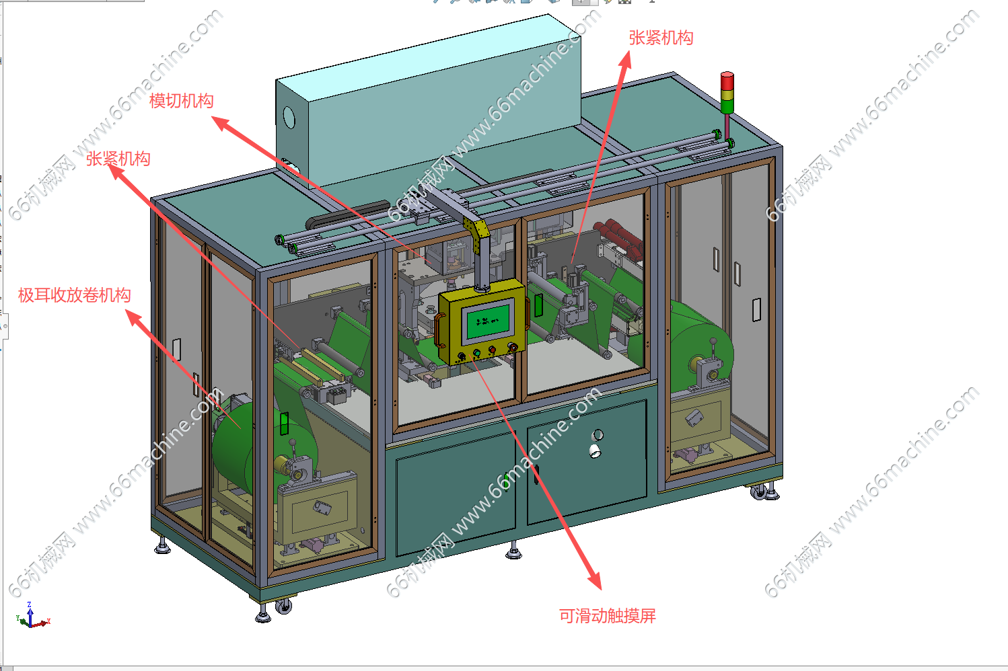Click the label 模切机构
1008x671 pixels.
182,101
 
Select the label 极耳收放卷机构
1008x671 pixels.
74,295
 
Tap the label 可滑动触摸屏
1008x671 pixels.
608,616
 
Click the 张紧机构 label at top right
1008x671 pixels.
661,38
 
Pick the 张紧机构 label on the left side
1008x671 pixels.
118,159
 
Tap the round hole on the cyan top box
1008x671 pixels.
289,118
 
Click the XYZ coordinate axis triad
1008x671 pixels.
32,615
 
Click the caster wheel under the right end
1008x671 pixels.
759,492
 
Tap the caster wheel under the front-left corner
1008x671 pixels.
283,606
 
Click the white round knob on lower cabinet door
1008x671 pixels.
595,450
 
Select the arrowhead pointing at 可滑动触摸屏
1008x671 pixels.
595,580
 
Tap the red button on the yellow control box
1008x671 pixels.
493,349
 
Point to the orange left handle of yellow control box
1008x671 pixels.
439,331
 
